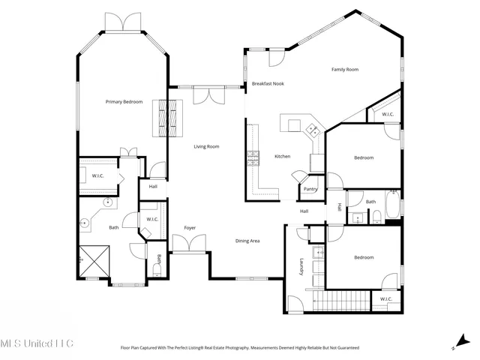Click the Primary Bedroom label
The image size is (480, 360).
coord(124,101)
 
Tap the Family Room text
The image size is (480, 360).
coord(345,70)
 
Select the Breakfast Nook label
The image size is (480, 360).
coord(267,84)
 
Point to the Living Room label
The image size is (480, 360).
coord(206,146)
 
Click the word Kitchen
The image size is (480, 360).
coord(282,156)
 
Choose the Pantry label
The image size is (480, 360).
coord(310,189)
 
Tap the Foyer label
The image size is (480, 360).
coord(190,227)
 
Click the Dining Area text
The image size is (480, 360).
coord(247,241)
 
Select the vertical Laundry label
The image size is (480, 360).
coord(301,268)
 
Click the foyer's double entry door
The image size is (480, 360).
coord(190,243)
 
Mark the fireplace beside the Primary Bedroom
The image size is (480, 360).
coord(168,118)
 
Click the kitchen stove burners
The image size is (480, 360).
coord(253,157)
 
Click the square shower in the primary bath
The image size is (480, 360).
coord(94,262)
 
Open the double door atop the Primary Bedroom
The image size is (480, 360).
coord(123,22)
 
